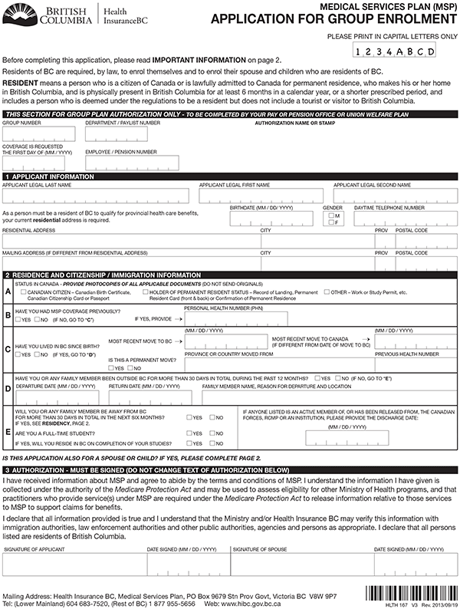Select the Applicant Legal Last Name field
tap(95, 196)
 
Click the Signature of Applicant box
tap(73, 564)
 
